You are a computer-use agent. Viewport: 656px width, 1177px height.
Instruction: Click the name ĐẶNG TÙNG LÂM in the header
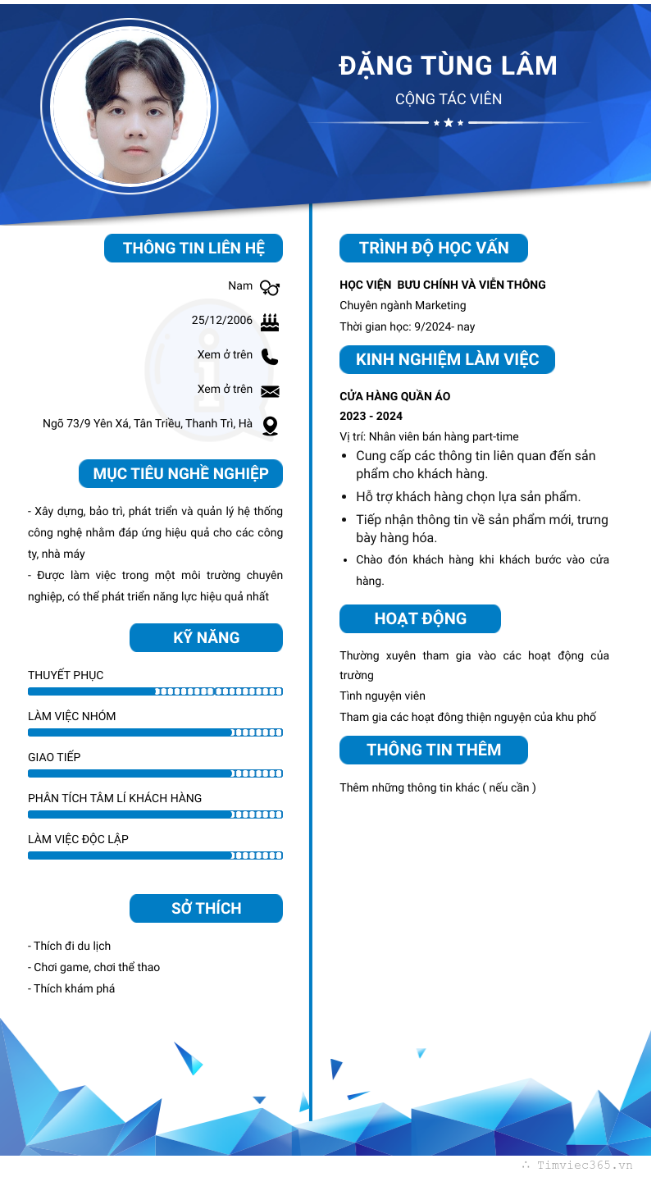(448, 66)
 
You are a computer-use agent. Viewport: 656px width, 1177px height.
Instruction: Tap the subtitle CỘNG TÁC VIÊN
(448, 99)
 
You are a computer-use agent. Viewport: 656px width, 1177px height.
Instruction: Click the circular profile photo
(130, 107)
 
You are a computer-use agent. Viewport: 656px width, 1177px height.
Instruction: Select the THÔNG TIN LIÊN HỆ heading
(194, 248)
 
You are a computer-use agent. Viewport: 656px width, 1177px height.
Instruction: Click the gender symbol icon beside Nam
(270, 287)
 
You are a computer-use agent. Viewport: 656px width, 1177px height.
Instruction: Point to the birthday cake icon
(270, 322)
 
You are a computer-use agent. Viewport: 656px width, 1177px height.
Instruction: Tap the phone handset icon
(270, 356)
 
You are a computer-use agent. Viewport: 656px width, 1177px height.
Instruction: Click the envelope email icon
(270, 391)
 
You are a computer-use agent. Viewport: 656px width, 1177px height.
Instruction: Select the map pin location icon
(270, 426)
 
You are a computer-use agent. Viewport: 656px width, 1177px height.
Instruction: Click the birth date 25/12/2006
(222, 320)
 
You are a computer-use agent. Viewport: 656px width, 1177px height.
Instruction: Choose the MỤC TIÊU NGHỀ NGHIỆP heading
(181, 473)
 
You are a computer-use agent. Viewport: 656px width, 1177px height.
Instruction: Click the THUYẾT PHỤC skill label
(66, 675)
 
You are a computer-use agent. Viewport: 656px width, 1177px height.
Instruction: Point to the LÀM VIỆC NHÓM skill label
(72, 716)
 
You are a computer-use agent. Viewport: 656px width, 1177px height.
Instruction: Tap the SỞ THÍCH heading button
(206, 908)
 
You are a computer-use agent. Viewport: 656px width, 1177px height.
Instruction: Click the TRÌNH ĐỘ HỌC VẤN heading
(434, 248)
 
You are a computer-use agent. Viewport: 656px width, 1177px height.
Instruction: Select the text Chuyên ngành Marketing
(403, 305)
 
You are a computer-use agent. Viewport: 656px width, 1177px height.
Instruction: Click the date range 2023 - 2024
(371, 416)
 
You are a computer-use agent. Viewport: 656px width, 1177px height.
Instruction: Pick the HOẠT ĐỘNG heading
(420, 618)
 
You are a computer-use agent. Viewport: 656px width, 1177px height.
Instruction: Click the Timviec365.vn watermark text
(584, 1165)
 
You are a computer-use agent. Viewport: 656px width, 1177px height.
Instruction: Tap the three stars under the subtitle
(449, 123)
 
